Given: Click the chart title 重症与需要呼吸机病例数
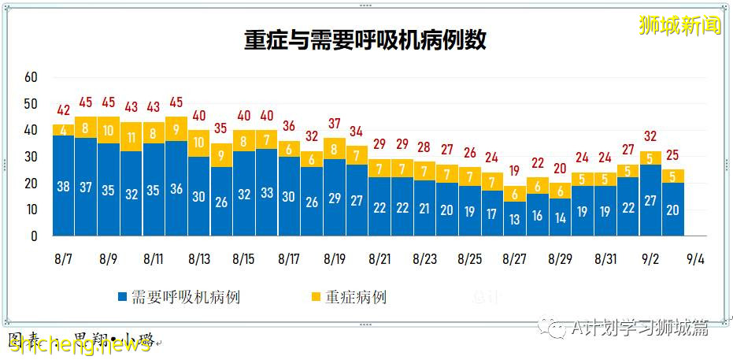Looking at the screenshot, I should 365,40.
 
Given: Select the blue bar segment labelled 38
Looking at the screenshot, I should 63,186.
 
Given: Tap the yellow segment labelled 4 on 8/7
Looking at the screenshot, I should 63,130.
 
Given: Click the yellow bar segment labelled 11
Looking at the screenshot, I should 131,136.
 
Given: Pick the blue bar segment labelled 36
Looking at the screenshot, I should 176,188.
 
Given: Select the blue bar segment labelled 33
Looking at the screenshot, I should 267,192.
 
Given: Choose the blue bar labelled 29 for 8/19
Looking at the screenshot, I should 335,198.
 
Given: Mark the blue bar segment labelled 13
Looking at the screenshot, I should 516,219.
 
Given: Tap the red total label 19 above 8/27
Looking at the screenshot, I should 516,171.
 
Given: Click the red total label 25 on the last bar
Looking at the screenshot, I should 673,155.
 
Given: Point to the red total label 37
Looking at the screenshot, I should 335,124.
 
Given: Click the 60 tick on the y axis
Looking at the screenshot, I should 31,77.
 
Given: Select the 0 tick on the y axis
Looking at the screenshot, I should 34,236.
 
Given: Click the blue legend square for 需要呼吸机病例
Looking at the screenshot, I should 122,297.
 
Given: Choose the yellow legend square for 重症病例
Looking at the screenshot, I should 316,297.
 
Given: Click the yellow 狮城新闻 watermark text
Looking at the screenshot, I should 679,25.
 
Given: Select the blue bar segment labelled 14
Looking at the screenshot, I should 561,217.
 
